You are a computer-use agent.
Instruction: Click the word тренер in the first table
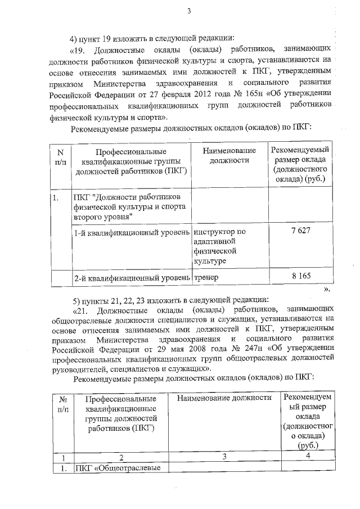[206, 278]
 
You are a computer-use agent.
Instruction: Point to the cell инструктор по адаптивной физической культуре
[219, 246]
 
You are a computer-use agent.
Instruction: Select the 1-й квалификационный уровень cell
[132, 232]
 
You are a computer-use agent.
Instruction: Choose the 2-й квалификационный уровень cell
[132, 278]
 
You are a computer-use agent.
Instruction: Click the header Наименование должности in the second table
[223, 398]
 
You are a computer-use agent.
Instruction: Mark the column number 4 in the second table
[308, 456]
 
